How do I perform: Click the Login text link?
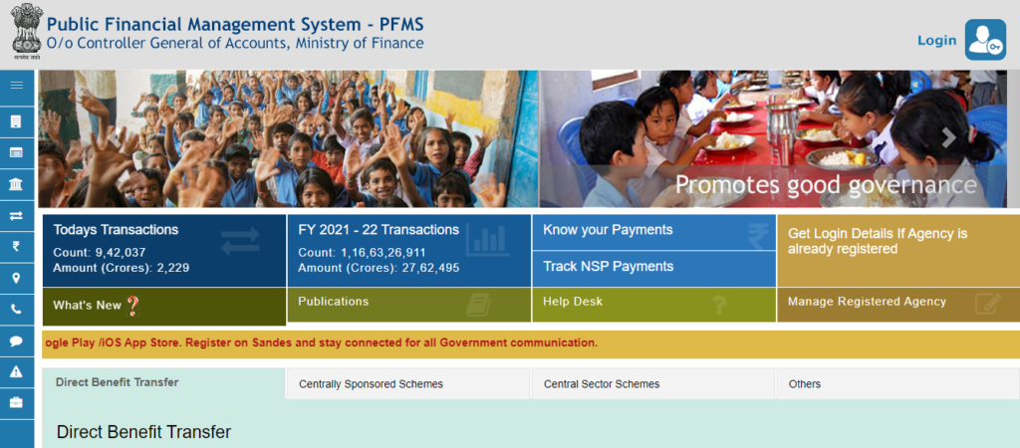coord(936,40)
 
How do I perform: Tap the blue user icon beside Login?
coord(985,40)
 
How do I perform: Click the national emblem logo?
coord(27,31)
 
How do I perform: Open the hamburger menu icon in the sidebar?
coord(17,86)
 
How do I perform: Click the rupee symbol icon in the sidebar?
coord(17,246)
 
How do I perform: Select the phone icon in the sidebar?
coord(17,310)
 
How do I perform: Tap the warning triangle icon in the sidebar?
coord(17,372)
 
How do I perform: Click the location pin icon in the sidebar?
coord(17,278)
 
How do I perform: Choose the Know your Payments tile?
coord(653,232)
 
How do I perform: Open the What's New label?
coord(88,306)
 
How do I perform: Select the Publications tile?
coord(409,305)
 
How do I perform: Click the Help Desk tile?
coord(653,305)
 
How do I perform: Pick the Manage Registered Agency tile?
coord(898,305)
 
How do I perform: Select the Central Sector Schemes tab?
coord(652,383)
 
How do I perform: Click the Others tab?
coord(897,383)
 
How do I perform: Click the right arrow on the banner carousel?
coord(949,137)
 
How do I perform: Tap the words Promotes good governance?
coord(826,184)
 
